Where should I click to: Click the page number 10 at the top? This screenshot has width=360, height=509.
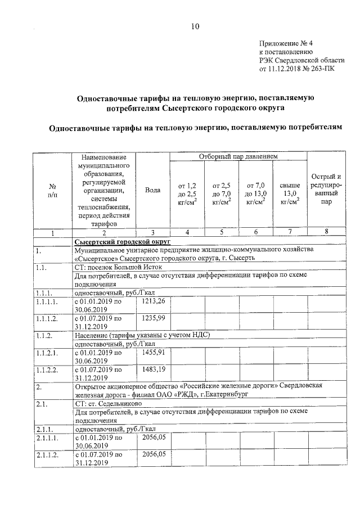[195, 26]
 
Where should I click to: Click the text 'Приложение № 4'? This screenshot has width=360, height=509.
[284, 44]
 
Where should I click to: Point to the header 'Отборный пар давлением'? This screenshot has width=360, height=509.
[238, 156]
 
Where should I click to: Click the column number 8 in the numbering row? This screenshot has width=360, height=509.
[326, 232]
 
